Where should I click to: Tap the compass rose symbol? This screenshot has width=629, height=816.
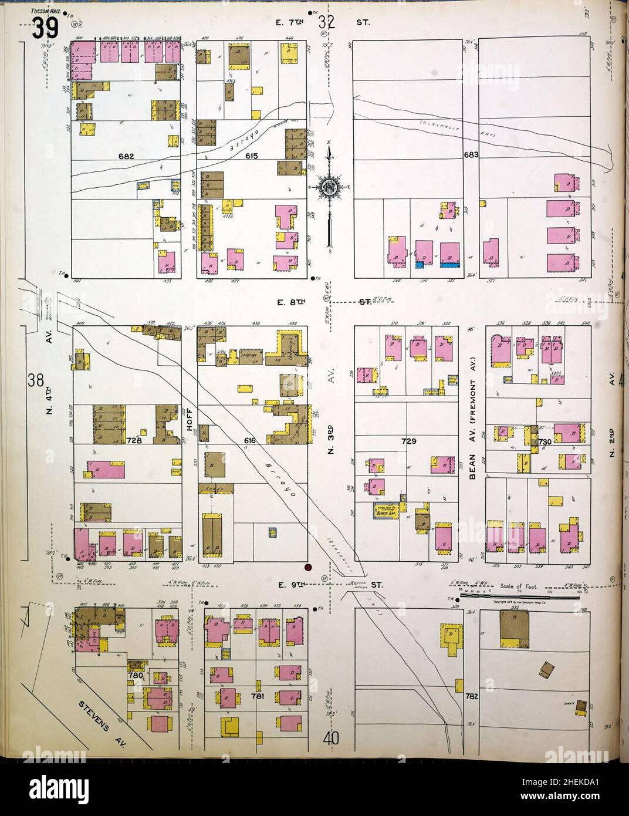tap(330, 188)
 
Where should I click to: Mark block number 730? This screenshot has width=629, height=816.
tap(541, 441)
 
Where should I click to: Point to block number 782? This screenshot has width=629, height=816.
tap(472, 697)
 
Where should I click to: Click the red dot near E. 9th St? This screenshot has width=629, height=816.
tap(307, 567)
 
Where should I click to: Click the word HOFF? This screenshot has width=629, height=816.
tap(190, 419)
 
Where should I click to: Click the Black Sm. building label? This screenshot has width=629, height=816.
tap(387, 512)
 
